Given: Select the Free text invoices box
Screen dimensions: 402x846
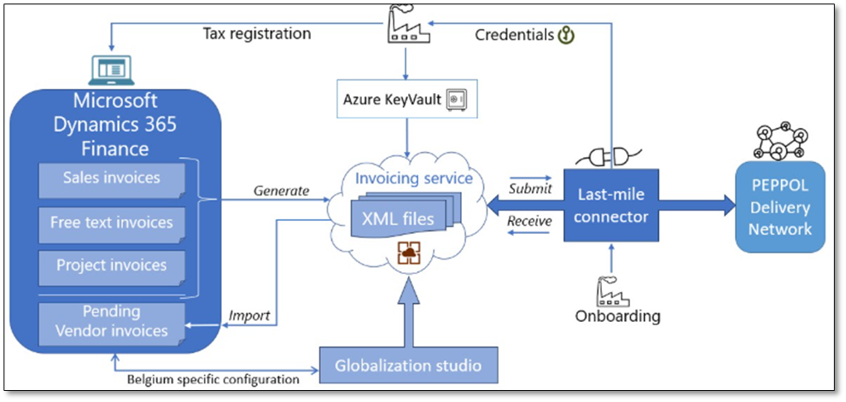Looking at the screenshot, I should click(112, 224).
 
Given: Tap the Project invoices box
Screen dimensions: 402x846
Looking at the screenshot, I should click(112, 265).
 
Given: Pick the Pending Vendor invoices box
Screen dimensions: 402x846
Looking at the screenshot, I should click(112, 321).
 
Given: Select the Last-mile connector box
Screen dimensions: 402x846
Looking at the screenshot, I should click(610, 206).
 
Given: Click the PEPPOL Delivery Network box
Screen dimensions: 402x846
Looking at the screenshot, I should click(781, 207).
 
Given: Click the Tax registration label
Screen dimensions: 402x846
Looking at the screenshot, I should click(256, 35).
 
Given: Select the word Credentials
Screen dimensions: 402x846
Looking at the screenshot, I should click(514, 35).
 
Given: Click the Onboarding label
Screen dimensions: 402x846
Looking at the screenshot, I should click(618, 316).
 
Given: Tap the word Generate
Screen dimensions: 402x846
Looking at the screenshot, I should click(281, 190).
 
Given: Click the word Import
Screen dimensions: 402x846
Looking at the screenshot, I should click(249, 316).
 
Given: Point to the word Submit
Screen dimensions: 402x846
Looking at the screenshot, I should click(530, 188).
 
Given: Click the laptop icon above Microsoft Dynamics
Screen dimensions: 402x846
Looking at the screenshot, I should click(107, 68).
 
